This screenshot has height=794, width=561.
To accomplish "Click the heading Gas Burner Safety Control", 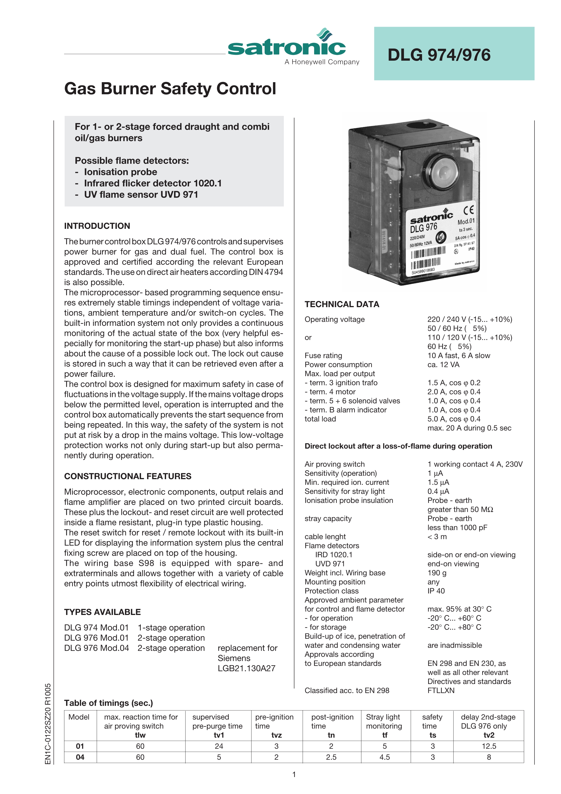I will (x=170, y=88).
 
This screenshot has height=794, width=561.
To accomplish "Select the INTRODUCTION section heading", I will (x=97, y=226).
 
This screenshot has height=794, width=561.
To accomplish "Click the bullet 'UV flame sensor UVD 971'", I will (x=141, y=194).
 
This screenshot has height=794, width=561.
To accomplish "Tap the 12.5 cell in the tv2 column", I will (x=489, y=746).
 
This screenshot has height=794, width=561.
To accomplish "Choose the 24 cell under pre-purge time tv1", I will (x=219, y=746).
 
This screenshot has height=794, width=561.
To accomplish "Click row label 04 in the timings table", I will (x=80, y=757).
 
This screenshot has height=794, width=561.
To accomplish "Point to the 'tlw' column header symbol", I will (x=140, y=735).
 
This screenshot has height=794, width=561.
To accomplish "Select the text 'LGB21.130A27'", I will (x=246, y=668).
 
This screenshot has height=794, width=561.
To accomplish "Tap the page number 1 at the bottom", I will (x=294, y=774).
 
